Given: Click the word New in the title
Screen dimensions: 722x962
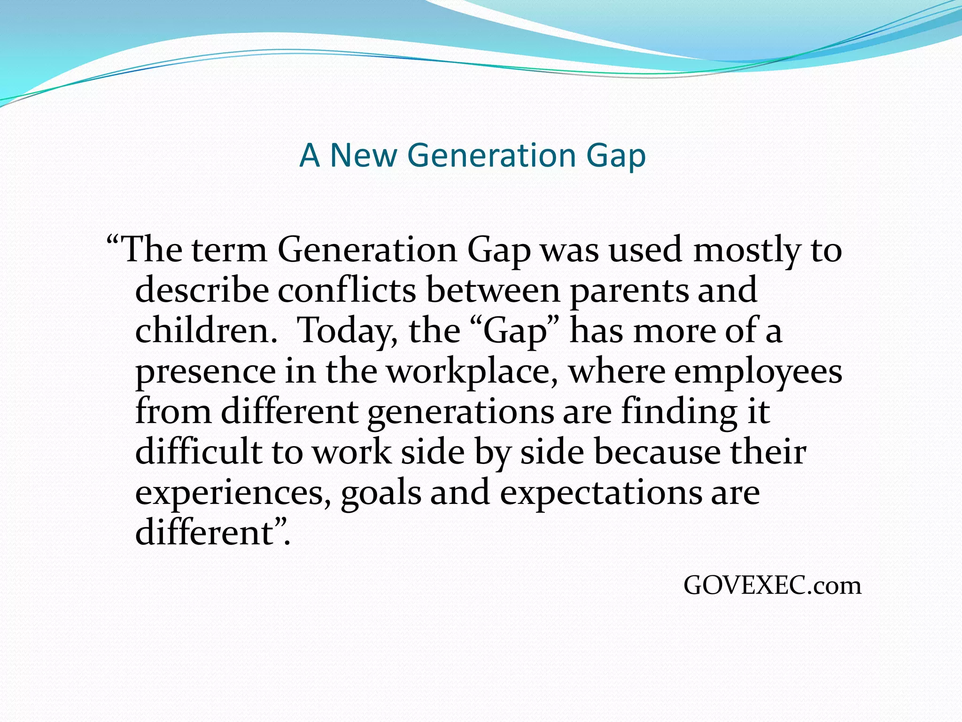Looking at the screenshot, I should click(x=363, y=155).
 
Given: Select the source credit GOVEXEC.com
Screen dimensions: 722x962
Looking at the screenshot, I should click(x=772, y=586).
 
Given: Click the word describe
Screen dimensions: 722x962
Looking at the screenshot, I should click(x=202, y=290).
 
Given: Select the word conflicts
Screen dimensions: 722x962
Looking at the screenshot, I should click(x=347, y=290).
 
